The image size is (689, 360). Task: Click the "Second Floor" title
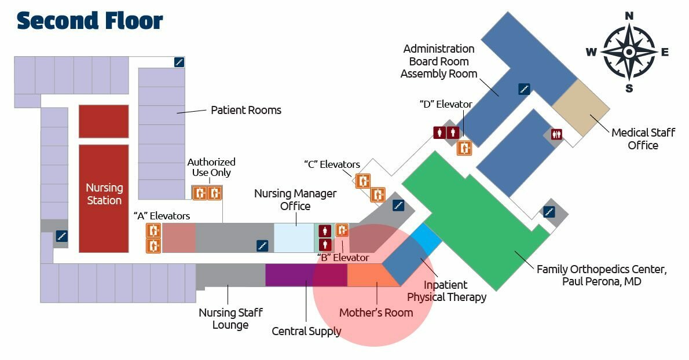pos(90,21)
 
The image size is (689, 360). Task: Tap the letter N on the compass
pos(629,16)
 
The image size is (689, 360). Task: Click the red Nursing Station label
pos(104,194)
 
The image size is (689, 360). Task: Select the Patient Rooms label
pos(246,110)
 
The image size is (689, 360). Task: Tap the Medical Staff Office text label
pos(643,139)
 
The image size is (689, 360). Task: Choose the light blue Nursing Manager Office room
pos(294,237)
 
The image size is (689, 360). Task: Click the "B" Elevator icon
pos(342,230)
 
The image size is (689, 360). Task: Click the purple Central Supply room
pos(306,275)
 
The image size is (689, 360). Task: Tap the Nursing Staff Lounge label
pos(230,318)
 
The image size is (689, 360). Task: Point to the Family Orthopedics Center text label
pos(602,275)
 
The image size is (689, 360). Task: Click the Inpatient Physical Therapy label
pos(446,291)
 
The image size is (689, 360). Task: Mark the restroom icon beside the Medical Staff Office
pos(557,134)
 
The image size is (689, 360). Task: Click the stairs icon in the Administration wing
pos(524,89)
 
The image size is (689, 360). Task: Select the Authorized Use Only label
pos(211,167)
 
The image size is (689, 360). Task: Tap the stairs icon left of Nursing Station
pos(61,236)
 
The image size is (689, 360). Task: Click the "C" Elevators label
pos(332,164)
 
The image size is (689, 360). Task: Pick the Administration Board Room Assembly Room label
pos(439,61)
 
